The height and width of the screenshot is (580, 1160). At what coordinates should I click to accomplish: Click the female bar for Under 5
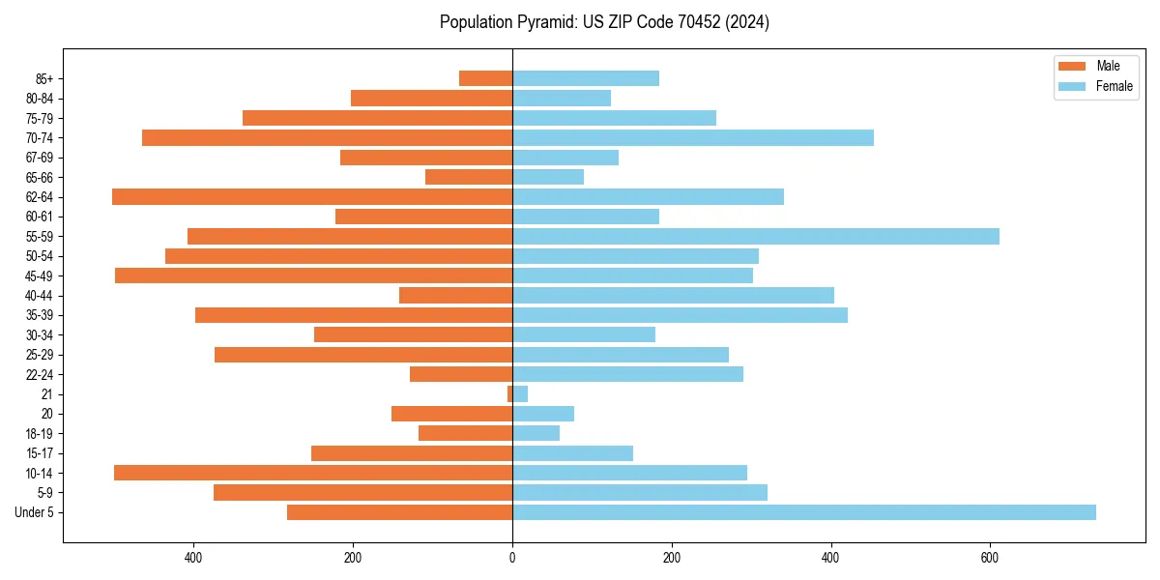(x=803, y=512)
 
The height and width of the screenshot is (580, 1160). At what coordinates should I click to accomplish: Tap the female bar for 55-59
(x=755, y=237)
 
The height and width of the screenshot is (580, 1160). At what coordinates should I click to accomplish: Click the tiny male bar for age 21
(x=509, y=394)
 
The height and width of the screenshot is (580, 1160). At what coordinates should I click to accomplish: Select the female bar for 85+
(x=585, y=78)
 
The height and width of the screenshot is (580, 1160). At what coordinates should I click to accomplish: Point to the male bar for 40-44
(x=455, y=296)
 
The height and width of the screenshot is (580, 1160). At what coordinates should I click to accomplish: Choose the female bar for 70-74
(x=692, y=138)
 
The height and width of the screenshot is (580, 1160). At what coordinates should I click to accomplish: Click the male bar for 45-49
(x=313, y=275)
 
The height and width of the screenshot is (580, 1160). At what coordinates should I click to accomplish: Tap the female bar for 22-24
(x=627, y=374)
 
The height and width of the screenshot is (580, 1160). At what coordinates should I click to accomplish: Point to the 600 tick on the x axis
(x=990, y=558)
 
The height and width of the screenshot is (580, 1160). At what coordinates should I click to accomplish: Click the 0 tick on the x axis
(x=512, y=558)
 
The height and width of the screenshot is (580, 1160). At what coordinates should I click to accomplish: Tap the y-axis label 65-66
(x=40, y=178)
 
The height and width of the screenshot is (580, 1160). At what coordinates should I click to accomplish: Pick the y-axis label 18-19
(x=40, y=434)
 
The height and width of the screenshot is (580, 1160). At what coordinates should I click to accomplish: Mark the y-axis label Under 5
(x=35, y=512)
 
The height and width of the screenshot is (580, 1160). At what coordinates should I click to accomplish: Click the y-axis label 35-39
(x=40, y=315)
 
